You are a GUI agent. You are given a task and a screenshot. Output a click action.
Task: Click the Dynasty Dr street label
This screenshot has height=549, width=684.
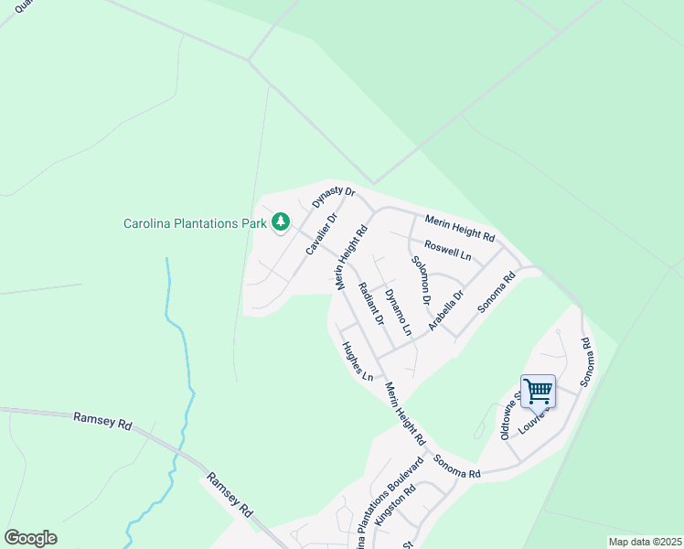coord(333,195)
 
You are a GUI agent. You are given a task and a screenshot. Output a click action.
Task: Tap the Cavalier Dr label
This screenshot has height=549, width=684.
coord(321,234)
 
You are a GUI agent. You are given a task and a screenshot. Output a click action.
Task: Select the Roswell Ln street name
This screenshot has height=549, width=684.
coord(447,251)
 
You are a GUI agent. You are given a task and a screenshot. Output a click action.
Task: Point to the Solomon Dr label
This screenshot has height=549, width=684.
coord(422,280)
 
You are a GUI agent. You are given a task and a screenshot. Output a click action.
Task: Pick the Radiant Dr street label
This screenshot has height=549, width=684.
coord(370,304)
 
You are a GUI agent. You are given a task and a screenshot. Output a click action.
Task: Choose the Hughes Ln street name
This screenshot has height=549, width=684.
coord(358,361)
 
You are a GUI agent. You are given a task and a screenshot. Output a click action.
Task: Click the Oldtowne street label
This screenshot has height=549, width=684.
coord(509,417)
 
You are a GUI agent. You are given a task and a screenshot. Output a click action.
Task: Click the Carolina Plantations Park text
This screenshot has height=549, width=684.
coord(195,222)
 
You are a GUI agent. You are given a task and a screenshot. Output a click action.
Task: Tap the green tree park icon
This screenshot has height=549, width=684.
coord(280,221)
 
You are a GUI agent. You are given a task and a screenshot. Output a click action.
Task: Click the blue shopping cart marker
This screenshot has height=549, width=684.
coord(538,391)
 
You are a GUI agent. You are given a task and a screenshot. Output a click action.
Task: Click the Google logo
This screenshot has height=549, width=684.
coord(30,538)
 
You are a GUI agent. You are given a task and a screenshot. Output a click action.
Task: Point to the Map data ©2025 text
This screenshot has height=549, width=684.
coord(644,542)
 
